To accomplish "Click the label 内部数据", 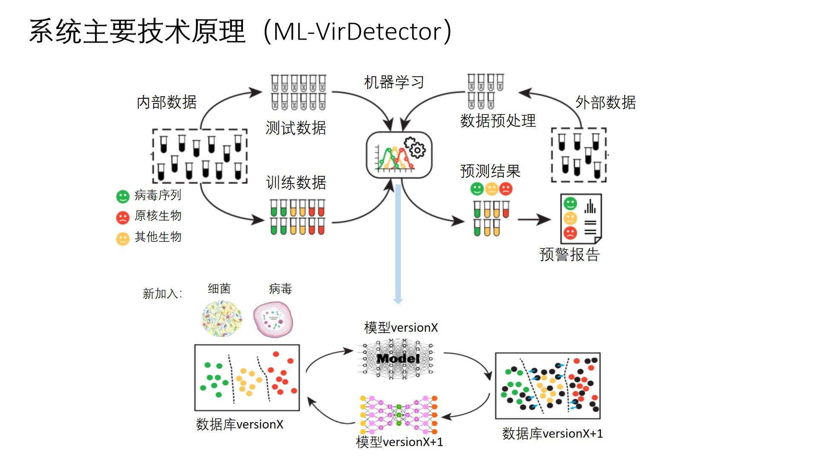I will [166, 102].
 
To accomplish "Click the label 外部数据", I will [606, 102].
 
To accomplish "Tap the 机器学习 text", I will [394, 82].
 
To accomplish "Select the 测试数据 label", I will [296, 128].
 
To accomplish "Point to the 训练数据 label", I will [296, 183].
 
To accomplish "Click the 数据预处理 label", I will [498, 121].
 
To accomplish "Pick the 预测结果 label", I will [490, 171].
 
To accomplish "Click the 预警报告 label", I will [569, 254].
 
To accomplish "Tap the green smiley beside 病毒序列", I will [123, 196].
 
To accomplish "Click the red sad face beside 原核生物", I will [123, 217].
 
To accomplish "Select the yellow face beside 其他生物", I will [123, 239].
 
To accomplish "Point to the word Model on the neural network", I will [398, 359].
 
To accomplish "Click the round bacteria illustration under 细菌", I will [222, 319].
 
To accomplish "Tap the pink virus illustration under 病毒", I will [273, 319].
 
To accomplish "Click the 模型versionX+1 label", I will [399, 442].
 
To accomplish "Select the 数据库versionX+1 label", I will [552, 434].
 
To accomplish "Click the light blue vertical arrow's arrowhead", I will [398, 301].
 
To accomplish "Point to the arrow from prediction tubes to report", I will [534, 219].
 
